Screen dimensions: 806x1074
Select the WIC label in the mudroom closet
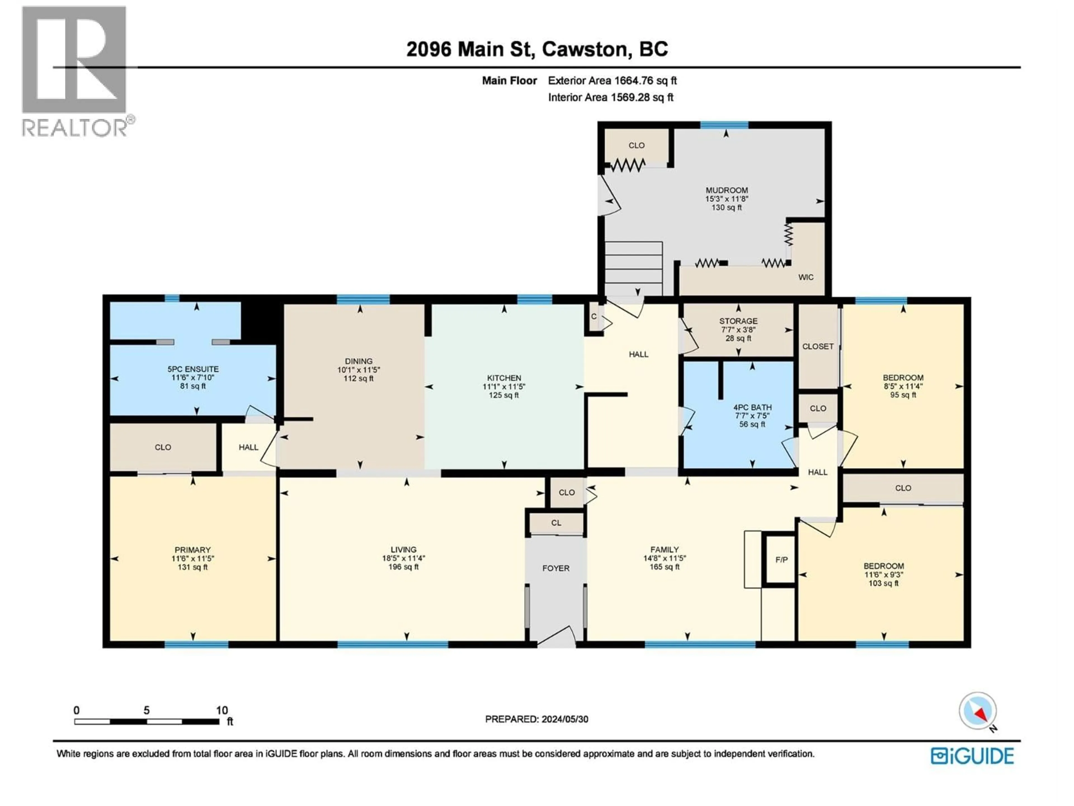coord(805,277)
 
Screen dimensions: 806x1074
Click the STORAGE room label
coord(738,321)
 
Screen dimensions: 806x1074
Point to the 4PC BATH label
coord(752,407)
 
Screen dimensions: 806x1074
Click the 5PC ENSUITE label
coord(193,369)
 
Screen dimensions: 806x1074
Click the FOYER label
coord(555,568)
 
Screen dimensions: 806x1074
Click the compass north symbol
coord(978,711)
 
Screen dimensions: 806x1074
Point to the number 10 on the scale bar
coord(222,710)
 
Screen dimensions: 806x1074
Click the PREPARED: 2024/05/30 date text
coord(536,719)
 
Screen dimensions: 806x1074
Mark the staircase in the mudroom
coord(633,267)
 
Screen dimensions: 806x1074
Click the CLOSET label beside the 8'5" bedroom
coord(818,346)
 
